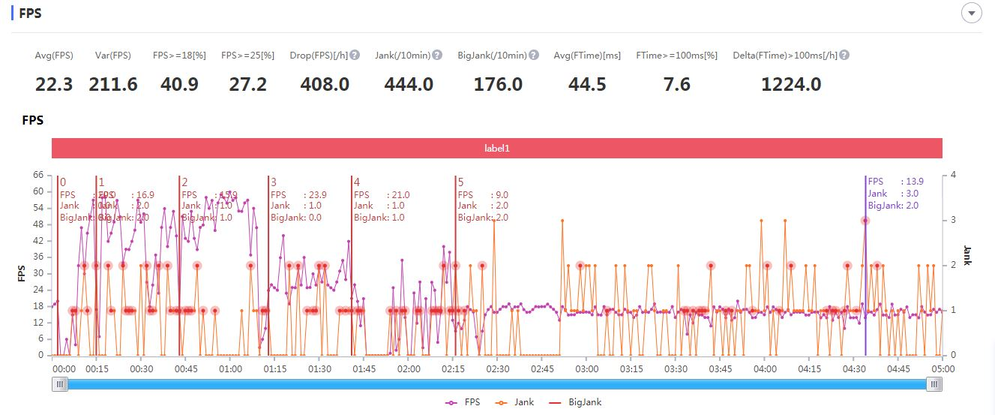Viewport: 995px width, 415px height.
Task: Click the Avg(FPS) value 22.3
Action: pyautogui.click(x=54, y=84)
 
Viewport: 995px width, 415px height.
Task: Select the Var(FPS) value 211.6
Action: pyautogui.click(x=113, y=84)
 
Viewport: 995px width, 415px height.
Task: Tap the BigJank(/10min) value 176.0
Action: pyautogui.click(x=498, y=84)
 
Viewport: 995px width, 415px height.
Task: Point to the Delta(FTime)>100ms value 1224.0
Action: pyautogui.click(x=791, y=84)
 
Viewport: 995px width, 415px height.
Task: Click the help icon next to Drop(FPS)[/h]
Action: pyautogui.click(x=355, y=55)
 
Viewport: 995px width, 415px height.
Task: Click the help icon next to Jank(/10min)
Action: pyautogui.click(x=437, y=55)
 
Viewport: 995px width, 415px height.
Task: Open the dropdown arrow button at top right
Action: pyautogui.click(x=972, y=14)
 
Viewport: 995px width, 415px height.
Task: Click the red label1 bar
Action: pyautogui.click(x=496, y=149)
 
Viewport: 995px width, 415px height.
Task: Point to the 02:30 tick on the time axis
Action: pyautogui.click(x=498, y=369)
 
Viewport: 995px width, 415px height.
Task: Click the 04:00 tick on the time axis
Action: pyautogui.click(x=765, y=369)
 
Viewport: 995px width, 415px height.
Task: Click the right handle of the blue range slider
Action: pyautogui.click(x=934, y=384)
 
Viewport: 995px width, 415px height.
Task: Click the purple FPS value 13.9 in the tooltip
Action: pyautogui.click(x=915, y=182)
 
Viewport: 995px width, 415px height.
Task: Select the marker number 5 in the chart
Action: pyautogui.click(x=460, y=182)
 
